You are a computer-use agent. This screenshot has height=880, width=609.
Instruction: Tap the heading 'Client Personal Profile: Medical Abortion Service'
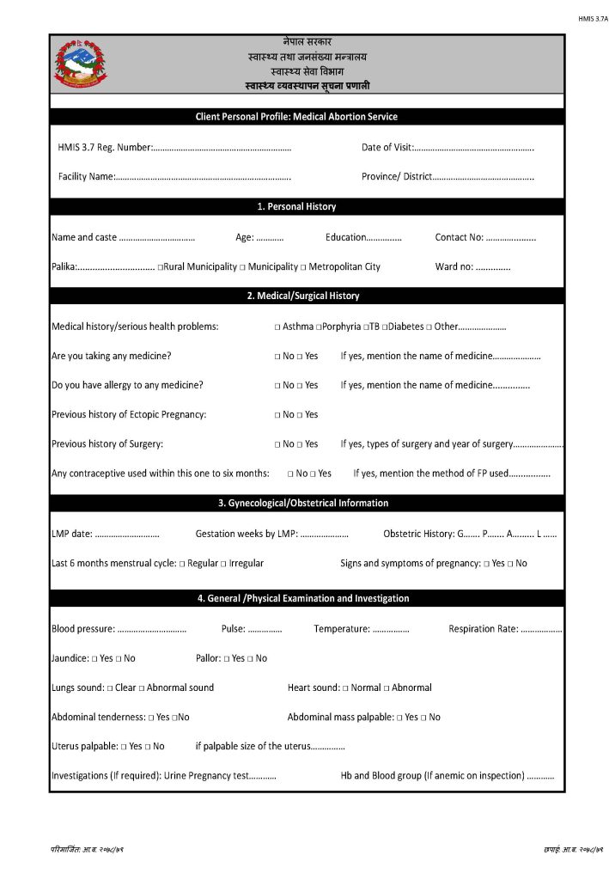[x=307, y=117]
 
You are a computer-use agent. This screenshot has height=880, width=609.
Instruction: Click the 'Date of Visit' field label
[x=387, y=148]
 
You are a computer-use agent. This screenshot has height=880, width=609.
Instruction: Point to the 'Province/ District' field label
[x=396, y=177]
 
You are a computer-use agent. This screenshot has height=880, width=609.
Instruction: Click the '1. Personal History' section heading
[x=296, y=207]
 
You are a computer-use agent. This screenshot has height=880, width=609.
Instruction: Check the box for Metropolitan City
[x=304, y=267]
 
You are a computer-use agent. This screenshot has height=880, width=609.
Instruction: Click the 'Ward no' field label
[x=454, y=267]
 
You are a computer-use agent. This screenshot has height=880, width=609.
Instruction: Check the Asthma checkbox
[x=277, y=327]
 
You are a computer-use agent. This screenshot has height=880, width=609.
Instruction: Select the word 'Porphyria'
[x=341, y=327]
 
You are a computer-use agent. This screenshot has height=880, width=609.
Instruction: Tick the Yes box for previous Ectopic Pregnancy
[x=300, y=415]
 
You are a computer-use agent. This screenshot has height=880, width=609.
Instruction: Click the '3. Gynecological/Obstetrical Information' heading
[x=303, y=504]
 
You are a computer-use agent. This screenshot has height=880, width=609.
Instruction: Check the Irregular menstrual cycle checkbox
[x=223, y=564]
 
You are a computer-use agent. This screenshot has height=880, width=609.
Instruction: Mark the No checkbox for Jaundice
[x=119, y=659]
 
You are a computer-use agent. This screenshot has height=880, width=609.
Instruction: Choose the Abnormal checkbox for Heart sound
[x=387, y=688]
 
